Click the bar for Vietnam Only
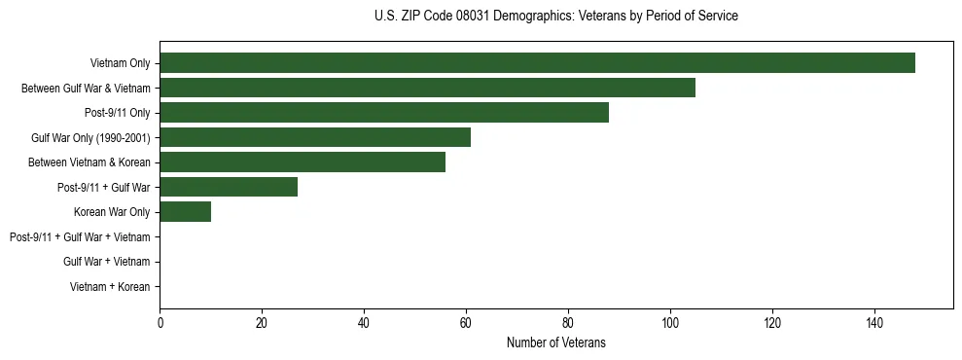pyautogui.click(x=537, y=63)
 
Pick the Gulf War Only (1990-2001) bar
pyautogui.click(x=315, y=137)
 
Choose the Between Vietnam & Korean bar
pyautogui.click(x=303, y=162)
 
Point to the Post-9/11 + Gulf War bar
pyautogui.click(x=229, y=187)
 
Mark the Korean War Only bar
pyautogui.click(x=185, y=212)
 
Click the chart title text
pyautogui.click(x=555, y=17)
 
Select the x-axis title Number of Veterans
pyautogui.click(x=555, y=342)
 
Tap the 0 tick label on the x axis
pyautogui.click(x=160, y=323)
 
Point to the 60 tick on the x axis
pyautogui.click(x=466, y=323)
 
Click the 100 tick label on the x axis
pyautogui.click(x=670, y=323)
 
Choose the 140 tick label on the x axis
pyautogui.click(x=874, y=323)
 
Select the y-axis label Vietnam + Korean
pyautogui.click(x=110, y=287)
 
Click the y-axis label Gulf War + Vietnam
pyautogui.click(x=107, y=262)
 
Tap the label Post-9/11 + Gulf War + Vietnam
pyautogui.click(x=80, y=237)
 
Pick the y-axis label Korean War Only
pyautogui.click(x=112, y=212)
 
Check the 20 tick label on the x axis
pyautogui.click(x=262, y=323)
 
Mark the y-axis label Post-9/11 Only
pyautogui.click(x=117, y=113)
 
